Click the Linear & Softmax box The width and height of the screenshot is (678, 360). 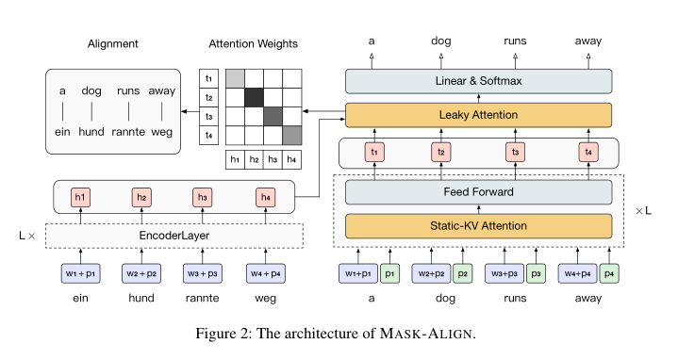coord(479,81)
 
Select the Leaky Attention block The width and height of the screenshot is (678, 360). coord(479,116)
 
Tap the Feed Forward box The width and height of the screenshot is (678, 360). coord(479,192)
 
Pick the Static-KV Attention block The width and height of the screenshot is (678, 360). coord(479,226)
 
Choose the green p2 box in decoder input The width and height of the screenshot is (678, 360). coord(462,273)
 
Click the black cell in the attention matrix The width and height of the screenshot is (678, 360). coord(255,97)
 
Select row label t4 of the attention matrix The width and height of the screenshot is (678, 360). coord(208,135)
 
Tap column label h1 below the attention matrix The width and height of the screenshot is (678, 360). coord(236,159)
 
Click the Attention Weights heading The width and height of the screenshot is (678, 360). coord(254,43)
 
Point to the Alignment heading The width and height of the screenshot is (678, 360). coord(113,43)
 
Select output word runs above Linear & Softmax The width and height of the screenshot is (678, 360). coord(515,41)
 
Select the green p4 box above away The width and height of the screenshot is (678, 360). coord(610,273)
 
